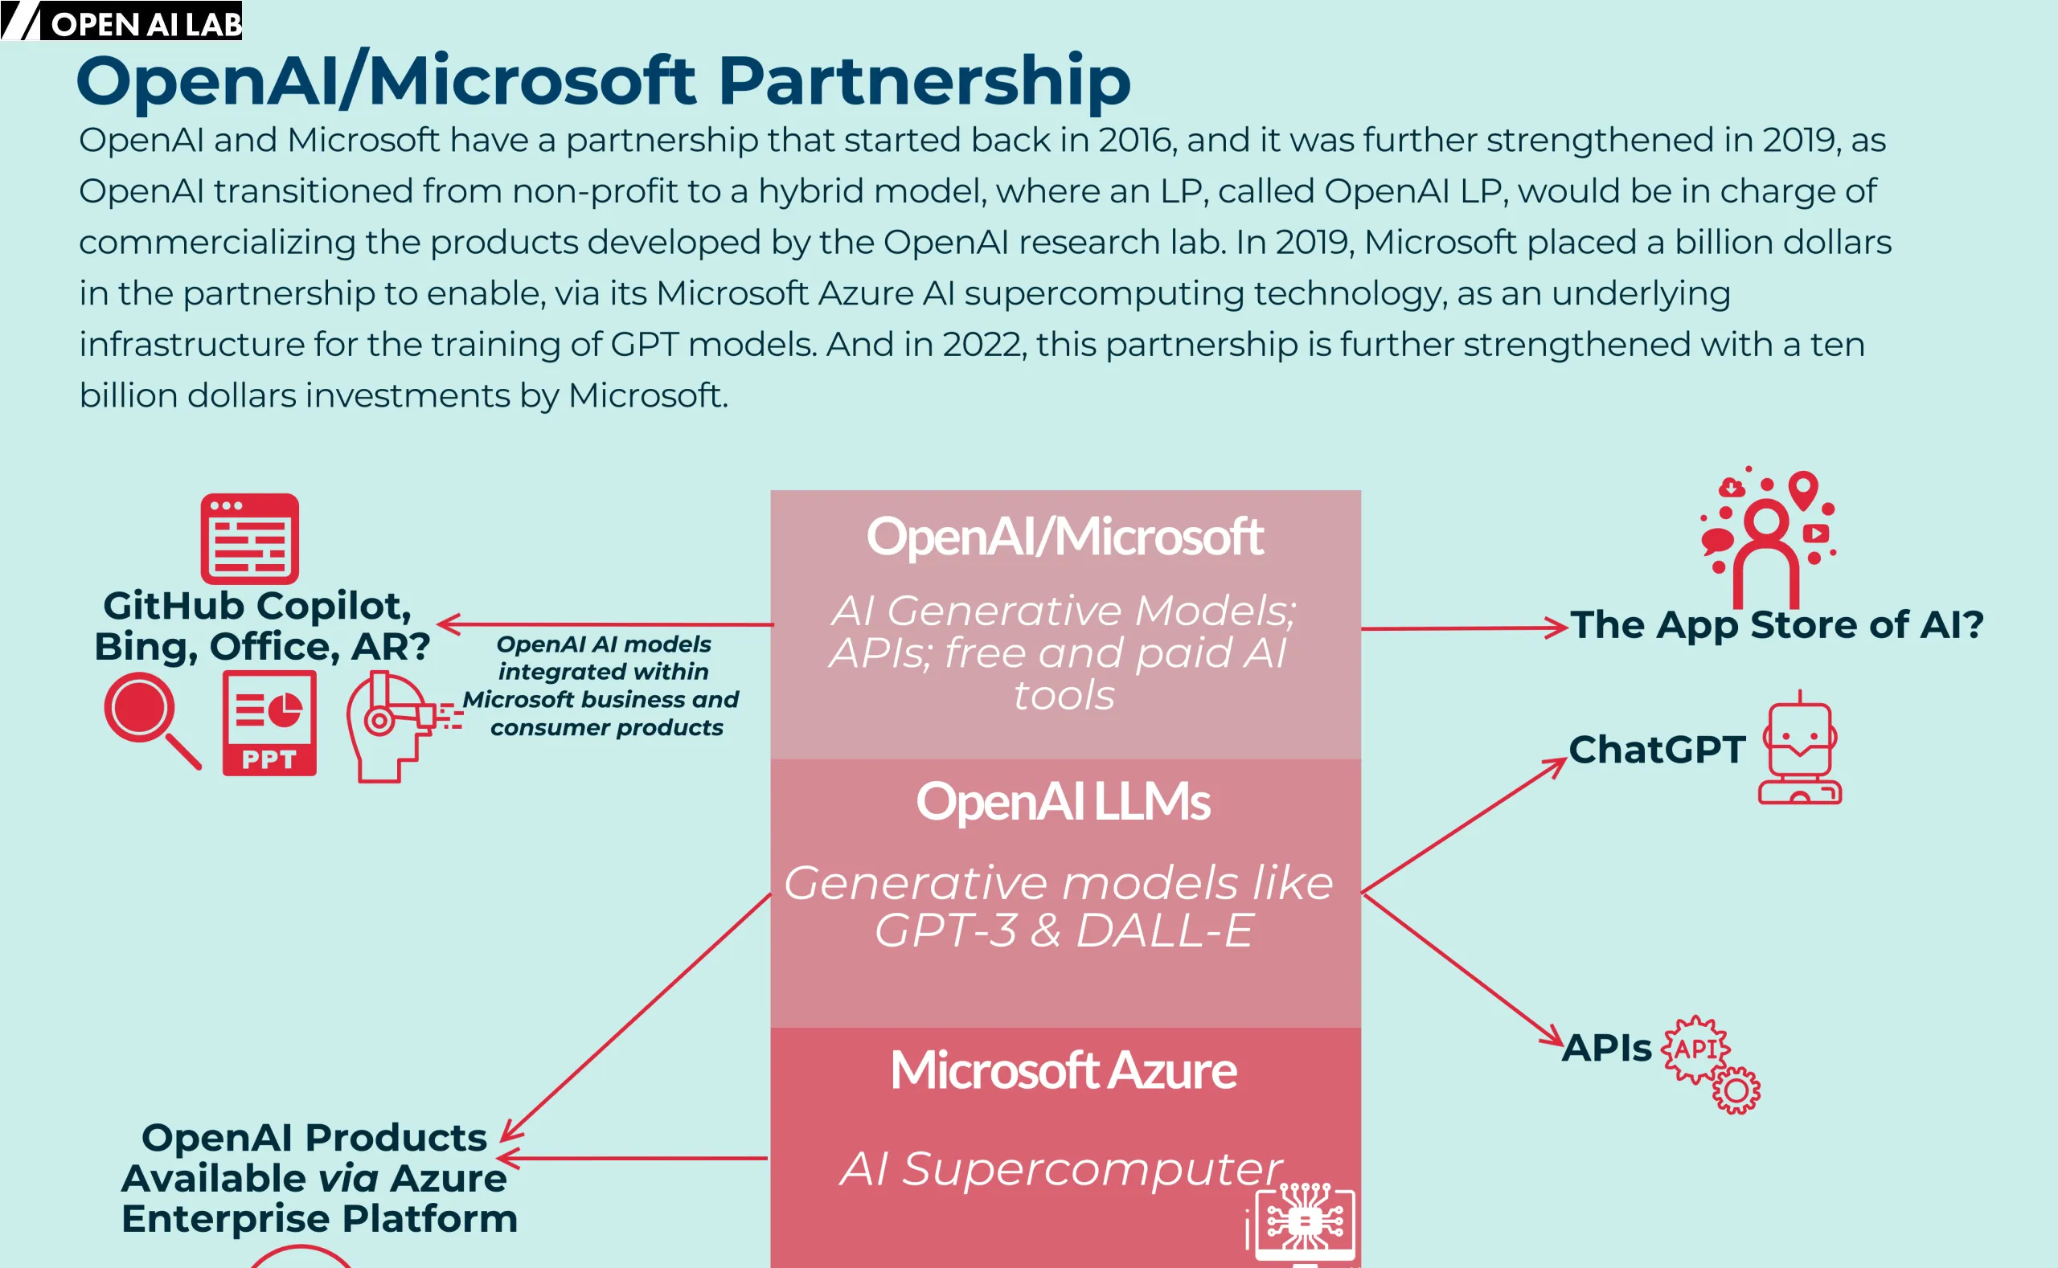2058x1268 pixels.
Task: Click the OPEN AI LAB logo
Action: [121, 21]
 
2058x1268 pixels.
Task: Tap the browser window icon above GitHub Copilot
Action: [249, 538]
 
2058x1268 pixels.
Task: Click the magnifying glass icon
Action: [151, 722]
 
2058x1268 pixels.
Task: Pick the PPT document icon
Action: [269, 723]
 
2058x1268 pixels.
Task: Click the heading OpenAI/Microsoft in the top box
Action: [1064, 537]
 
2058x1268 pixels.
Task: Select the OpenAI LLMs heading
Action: [1063, 802]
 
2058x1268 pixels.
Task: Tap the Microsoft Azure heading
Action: [1063, 1071]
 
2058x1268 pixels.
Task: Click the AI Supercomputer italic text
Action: [1060, 1169]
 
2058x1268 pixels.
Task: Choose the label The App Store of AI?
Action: [1777, 625]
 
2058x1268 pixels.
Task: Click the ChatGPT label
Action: [1657, 750]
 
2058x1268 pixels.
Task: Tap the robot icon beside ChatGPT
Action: [1800, 747]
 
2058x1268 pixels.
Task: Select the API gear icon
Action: [1711, 1063]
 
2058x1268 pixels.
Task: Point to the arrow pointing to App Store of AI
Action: [1464, 628]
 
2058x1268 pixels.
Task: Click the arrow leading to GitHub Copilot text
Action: [605, 624]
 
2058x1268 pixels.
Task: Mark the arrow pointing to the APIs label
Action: [1463, 971]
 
